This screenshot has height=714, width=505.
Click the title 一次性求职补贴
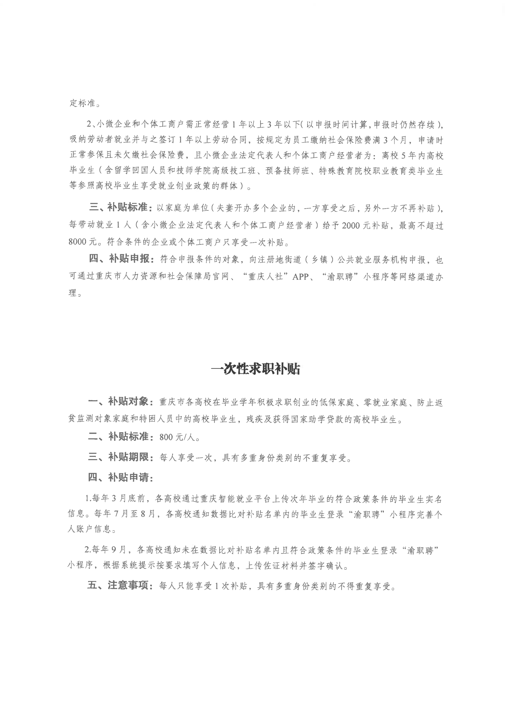click(255, 369)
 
